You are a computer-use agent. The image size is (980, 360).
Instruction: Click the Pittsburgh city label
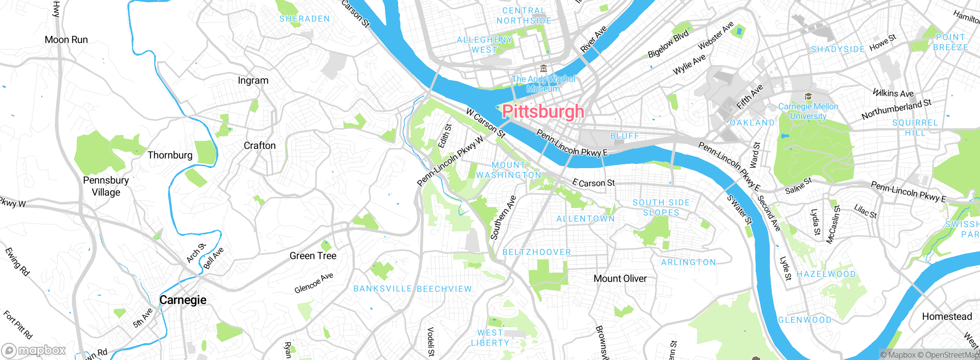click(x=543, y=112)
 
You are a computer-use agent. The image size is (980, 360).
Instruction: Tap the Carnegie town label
click(x=183, y=300)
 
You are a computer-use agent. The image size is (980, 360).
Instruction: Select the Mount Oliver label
click(x=620, y=278)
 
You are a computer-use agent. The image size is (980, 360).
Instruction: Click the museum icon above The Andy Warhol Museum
click(x=543, y=69)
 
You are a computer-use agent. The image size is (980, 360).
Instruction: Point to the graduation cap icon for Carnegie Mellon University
click(x=808, y=96)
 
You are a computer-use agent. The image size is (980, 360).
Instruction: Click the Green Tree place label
click(x=313, y=256)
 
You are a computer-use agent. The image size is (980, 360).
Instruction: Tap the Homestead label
click(x=947, y=316)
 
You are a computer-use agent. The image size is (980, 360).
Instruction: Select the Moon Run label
click(x=66, y=40)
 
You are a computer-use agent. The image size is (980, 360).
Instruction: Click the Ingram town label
click(x=253, y=80)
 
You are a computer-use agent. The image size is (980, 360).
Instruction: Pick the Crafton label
click(x=260, y=146)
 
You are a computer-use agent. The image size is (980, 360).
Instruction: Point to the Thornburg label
click(x=170, y=155)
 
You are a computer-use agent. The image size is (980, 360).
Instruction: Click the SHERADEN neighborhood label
click(x=304, y=19)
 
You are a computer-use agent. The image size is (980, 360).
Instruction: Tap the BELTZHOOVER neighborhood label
click(x=537, y=252)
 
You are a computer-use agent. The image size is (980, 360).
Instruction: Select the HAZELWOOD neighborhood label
click(x=826, y=274)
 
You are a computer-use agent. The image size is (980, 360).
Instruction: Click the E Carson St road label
click(x=594, y=183)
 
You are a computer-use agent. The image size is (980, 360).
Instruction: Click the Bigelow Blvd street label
click(x=668, y=43)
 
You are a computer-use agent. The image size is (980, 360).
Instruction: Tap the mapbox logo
click(x=34, y=350)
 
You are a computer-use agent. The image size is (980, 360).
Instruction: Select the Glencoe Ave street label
click(x=314, y=283)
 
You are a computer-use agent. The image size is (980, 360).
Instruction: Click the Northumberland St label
click(x=896, y=109)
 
